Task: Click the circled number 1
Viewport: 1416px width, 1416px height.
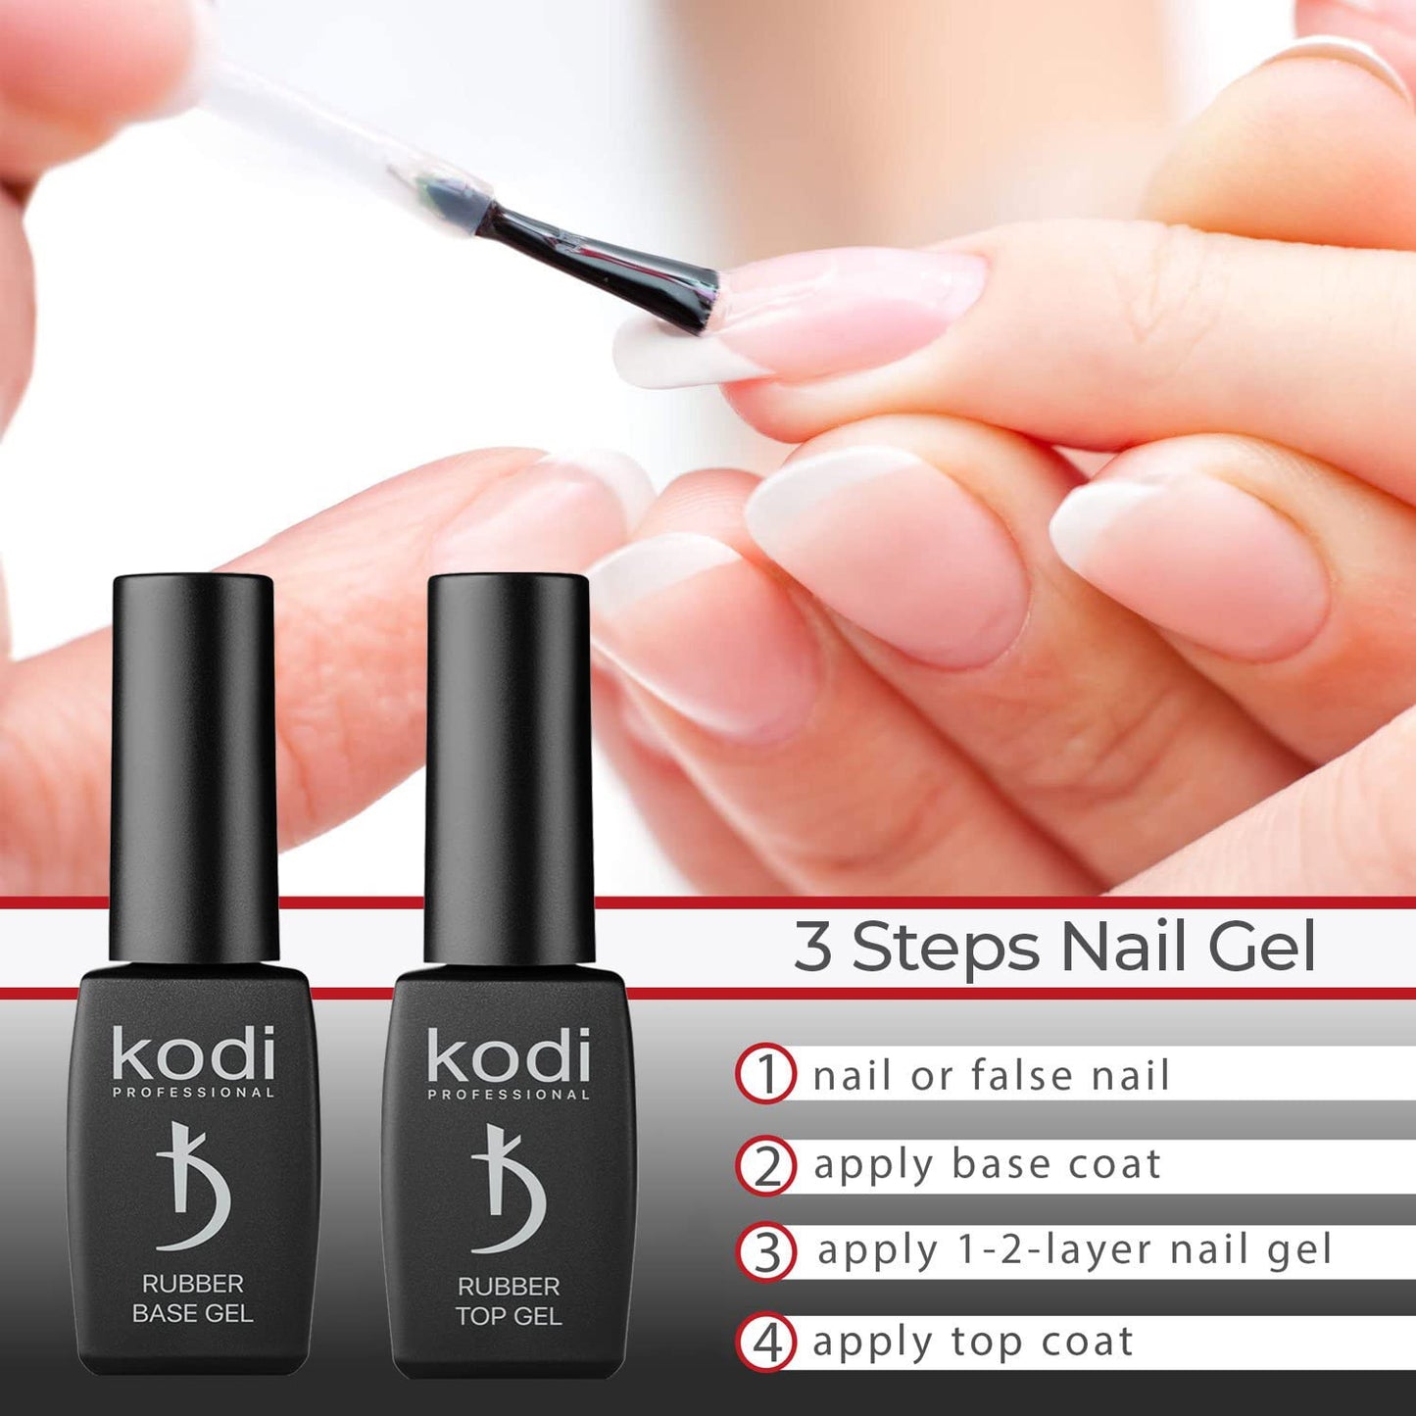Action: coord(764,1074)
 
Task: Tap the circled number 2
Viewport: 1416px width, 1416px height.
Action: coord(766,1164)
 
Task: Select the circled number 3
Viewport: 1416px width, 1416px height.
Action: coord(766,1251)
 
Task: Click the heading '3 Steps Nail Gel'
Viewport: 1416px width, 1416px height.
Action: coord(1054,948)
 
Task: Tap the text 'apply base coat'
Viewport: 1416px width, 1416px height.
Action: coord(987,1164)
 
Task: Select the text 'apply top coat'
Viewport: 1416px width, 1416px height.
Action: coord(972,1342)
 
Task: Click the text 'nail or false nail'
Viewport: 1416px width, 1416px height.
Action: coord(991,1075)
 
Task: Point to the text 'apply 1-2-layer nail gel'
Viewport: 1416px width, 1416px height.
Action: coord(1074,1250)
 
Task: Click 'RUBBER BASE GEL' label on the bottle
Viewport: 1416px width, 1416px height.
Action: coord(193,1298)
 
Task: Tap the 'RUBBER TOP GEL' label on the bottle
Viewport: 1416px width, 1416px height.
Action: coord(509,1300)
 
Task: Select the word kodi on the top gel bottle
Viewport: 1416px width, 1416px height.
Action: coord(509,1055)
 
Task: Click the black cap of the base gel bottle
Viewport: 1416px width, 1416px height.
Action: coord(193,764)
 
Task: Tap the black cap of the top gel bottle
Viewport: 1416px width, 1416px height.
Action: coord(509,764)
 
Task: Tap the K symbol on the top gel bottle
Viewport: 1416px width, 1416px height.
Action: coord(509,1189)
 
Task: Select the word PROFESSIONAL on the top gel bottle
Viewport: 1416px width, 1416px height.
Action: coord(509,1094)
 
